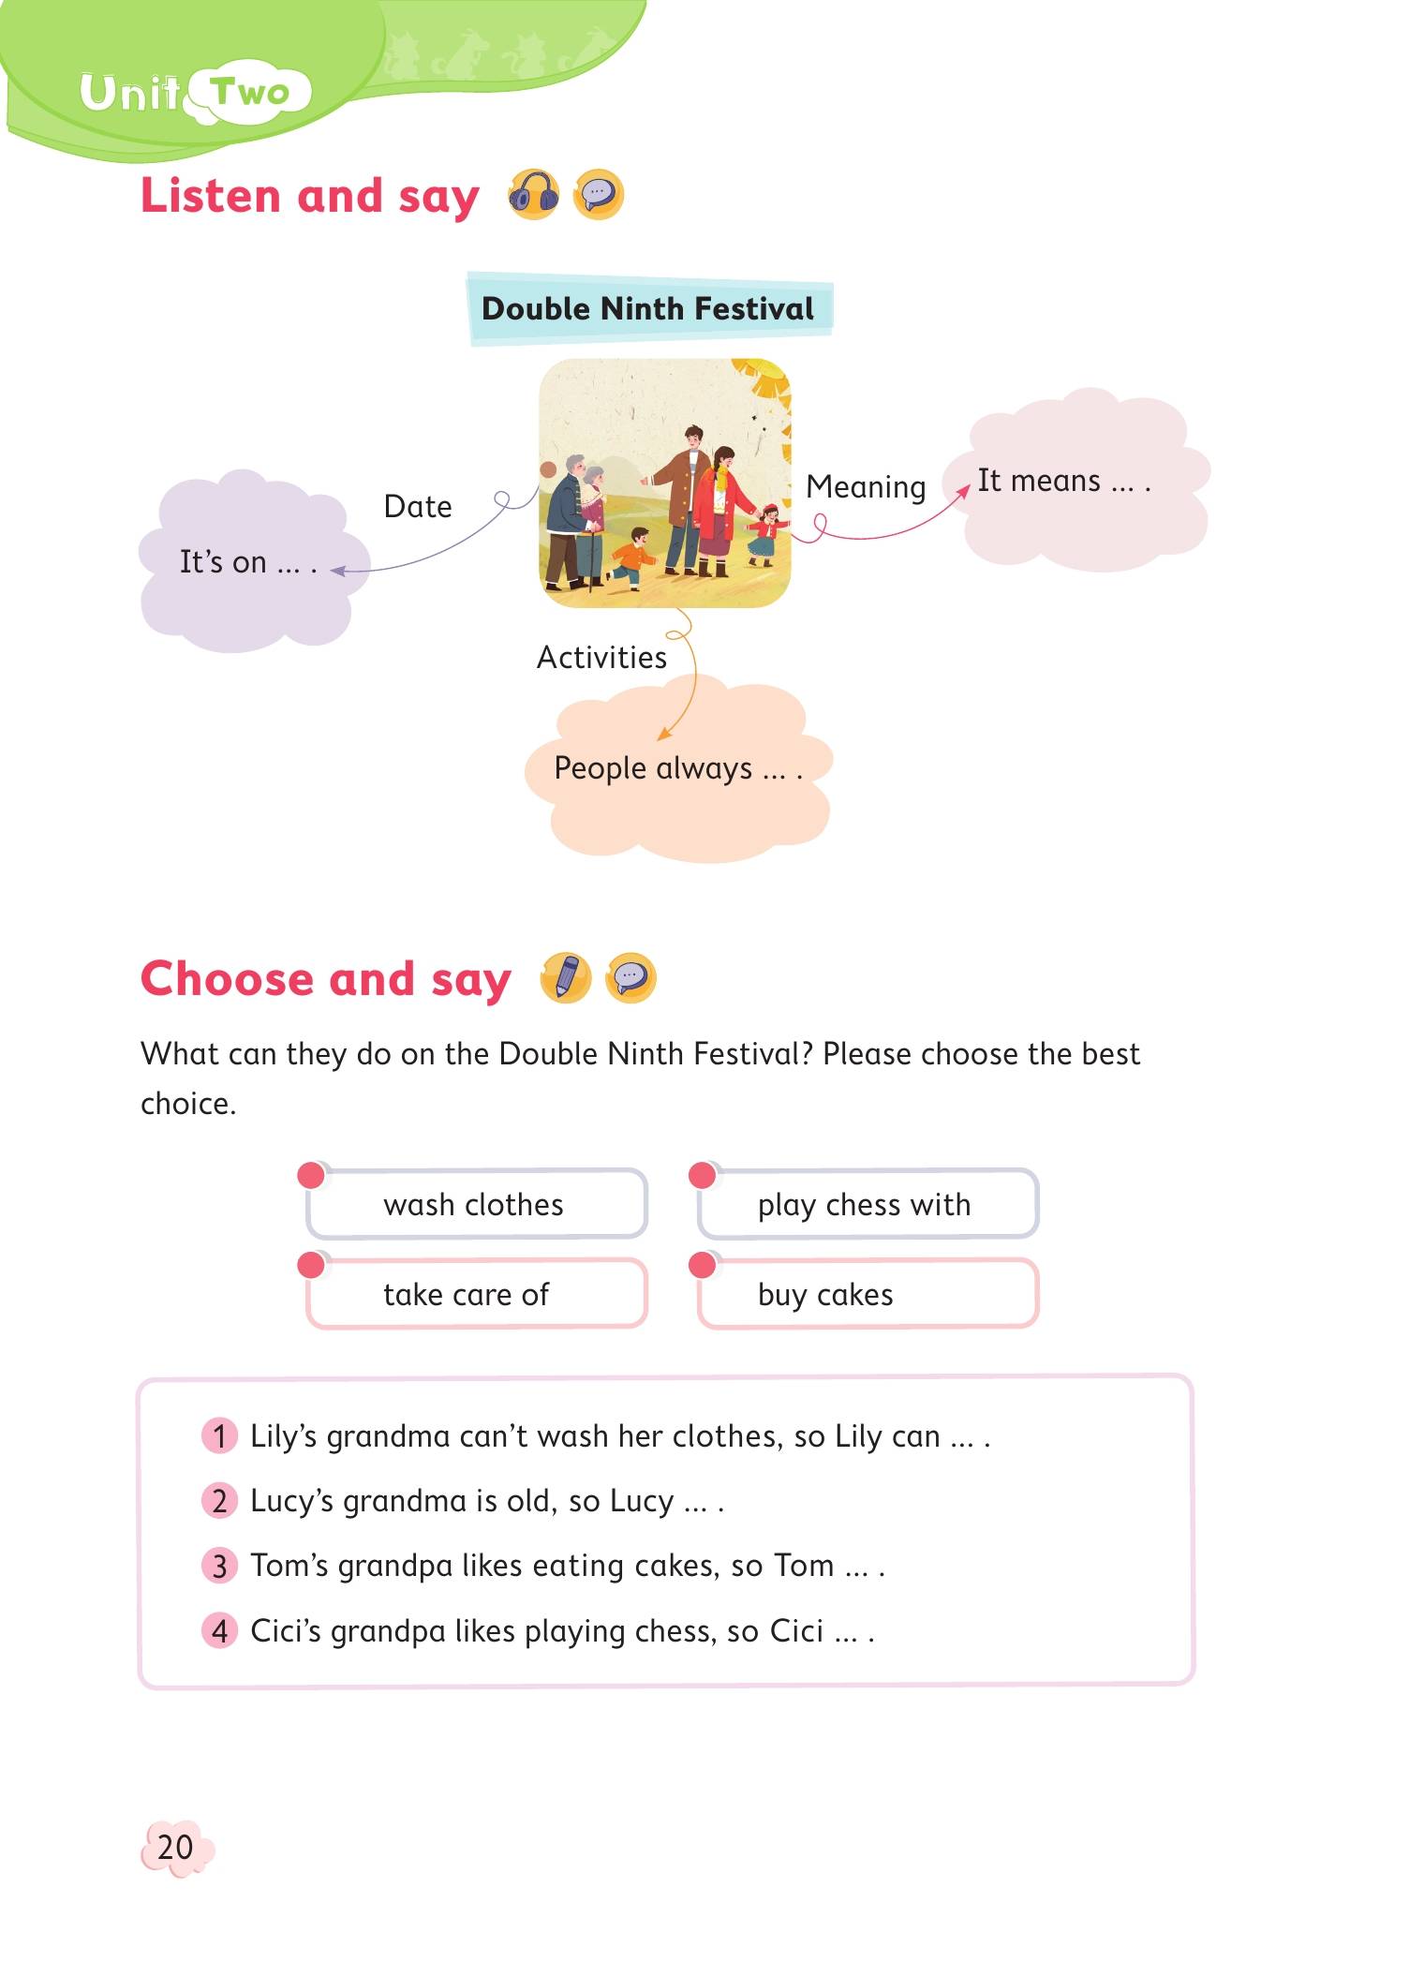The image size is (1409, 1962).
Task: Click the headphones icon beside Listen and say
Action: [x=533, y=196]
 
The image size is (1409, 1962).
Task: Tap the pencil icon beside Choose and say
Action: [x=566, y=978]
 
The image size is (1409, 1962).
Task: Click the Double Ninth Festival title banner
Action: [x=648, y=309]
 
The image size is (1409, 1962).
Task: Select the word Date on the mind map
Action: [x=418, y=507]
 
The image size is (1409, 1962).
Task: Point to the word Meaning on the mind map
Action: [x=866, y=487]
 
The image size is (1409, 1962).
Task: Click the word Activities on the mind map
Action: [x=601, y=658]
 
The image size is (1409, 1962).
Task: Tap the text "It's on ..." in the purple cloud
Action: [x=247, y=562]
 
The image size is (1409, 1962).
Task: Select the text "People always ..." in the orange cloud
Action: [x=677, y=768]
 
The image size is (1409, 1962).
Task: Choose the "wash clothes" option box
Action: [x=476, y=1204]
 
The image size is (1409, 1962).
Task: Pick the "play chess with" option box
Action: [x=868, y=1204]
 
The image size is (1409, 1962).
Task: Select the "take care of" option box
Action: [x=476, y=1294]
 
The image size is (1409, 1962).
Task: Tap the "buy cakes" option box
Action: [x=868, y=1294]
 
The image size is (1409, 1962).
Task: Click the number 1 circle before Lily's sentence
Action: [x=220, y=1435]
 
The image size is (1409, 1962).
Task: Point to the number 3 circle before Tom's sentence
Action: [x=220, y=1566]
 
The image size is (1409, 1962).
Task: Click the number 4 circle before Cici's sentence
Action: [x=220, y=1631]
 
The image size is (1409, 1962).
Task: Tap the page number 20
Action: [x=175, y=1847]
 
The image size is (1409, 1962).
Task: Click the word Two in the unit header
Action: [x=250, y=93]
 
